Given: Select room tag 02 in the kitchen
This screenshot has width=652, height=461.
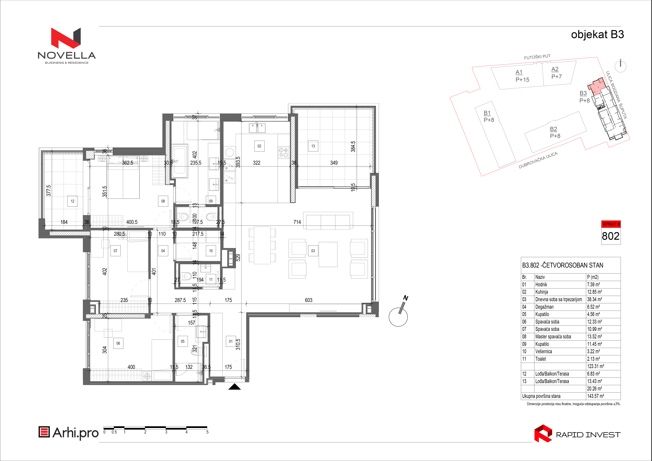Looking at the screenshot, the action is pos(259,146).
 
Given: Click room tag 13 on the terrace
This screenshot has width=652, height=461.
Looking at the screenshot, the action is pos(313,146).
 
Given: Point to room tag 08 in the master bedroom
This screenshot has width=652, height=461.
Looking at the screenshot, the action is pos(163,201).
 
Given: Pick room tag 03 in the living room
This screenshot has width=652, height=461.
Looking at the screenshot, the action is pos(313,251).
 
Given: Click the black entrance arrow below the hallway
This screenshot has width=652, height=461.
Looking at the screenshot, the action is pos(235,387).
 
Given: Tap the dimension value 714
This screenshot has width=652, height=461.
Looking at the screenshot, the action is pos(297,222).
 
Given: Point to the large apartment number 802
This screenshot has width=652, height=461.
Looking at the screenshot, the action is pos(611,236).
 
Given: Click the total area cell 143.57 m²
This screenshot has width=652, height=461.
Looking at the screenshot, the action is pos(595,396).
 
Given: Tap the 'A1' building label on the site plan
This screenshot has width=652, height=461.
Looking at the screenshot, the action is pos(519,72).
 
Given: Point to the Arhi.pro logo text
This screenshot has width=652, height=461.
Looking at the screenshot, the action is pos(76,433).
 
